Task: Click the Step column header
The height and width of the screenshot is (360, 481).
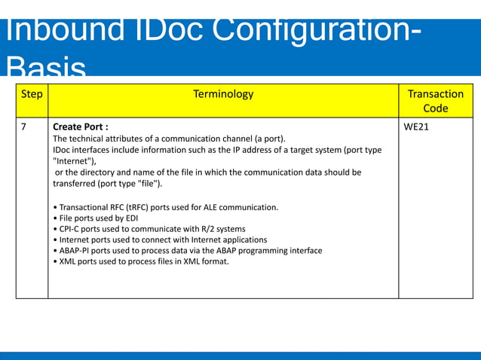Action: tap(32, 95)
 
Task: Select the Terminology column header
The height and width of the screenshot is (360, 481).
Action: tap(223, 95)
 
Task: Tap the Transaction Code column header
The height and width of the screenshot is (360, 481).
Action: tap(435, 101)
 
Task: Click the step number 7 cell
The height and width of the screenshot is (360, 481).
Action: tap(23, 127)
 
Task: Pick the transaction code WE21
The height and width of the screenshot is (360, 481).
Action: tap(416, 127)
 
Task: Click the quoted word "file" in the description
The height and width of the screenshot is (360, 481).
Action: tap(148, 184)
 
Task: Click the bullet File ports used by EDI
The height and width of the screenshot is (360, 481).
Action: tap(96, 218)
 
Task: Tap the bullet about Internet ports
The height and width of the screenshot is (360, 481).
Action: tap(160, 239)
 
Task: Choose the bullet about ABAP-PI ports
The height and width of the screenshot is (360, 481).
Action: tap(188, 251)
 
